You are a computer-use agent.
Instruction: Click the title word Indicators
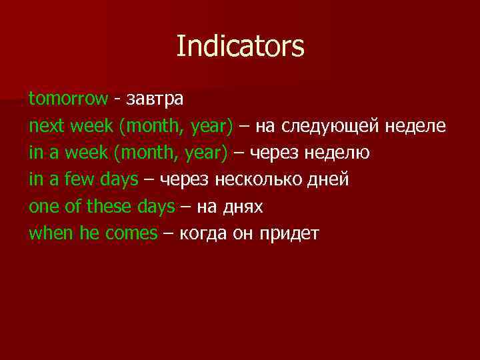pyautogui.click(x=240, y=47)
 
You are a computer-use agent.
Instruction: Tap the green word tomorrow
pyautogui.click(x=67, y=99)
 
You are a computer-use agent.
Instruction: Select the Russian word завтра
pyautogui.click(x=154, y=99)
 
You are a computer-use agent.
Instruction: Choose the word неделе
pyautogui.click(x=419, y=126)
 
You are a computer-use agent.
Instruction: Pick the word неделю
pyautogui.click(x=337, y=153)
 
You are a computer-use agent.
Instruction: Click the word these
pyautogui.click(x=109, y=207)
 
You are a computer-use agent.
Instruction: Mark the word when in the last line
pyautogui.click(x=51, y=234)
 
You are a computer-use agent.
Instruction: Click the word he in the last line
pyautogui.click(x=89, y=234)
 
